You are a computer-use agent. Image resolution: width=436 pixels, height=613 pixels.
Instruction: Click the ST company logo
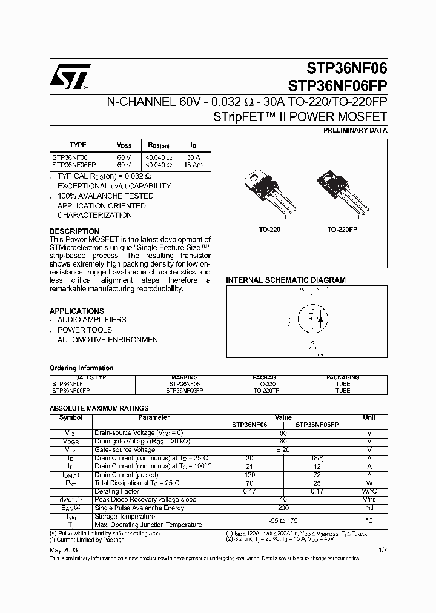pos(70,77)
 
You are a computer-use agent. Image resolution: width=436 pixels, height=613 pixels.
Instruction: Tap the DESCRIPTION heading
pos(74,231)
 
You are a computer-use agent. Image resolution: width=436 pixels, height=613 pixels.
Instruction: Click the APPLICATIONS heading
pos(77,311)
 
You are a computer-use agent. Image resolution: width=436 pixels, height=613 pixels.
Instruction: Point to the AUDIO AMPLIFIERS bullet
pos(91,320)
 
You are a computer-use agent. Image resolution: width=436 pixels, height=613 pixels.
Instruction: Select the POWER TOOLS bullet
pos(84,330)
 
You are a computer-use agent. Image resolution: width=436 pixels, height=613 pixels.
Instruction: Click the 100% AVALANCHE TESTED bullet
pos(105,196)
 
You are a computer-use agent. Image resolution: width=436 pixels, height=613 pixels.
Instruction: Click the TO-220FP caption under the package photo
pos(342,230)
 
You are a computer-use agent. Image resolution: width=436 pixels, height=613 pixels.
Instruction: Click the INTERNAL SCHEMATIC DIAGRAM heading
pos(286,280)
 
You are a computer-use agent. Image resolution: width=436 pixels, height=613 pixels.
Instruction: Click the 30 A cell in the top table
pos(194,157)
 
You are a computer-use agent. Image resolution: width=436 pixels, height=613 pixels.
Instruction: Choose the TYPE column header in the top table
pos(78,145)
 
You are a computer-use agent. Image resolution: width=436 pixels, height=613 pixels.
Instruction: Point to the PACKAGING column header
pos(343,377)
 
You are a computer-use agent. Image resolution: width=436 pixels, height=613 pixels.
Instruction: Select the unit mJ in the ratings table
pos(369,508)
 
